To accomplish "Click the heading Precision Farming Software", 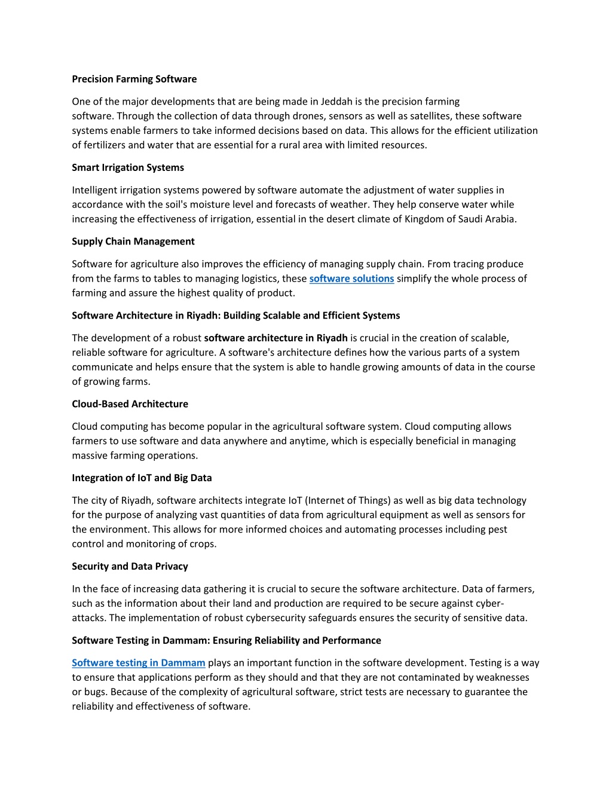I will coord(134,79).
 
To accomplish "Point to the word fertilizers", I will coord(108,145).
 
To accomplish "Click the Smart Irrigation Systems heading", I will coord(128,167).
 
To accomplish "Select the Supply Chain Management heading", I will coord(133,241).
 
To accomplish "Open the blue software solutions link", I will coord(351,279).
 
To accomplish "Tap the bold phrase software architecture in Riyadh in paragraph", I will coord(276,338).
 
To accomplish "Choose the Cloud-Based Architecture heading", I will coord(130,404).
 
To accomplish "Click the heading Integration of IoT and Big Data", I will coord(142,478).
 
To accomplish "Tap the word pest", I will coord(497,530).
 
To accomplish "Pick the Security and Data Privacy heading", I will coord(130,567).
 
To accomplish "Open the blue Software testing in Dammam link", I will coord(138,663).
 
